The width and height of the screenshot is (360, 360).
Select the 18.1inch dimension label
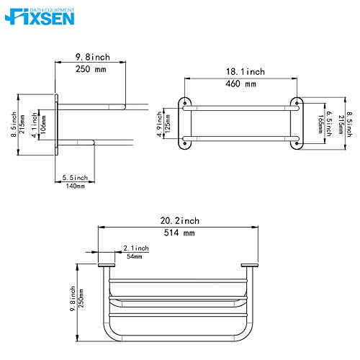point(240,72)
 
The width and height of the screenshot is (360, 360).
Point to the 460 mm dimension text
point(240,84)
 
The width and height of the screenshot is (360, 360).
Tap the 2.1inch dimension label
point(135,248)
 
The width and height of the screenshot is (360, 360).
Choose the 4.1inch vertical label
point(34,123)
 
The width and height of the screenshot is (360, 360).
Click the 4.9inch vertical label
point(158,123)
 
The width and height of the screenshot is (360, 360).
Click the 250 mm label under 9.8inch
point(89,69)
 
